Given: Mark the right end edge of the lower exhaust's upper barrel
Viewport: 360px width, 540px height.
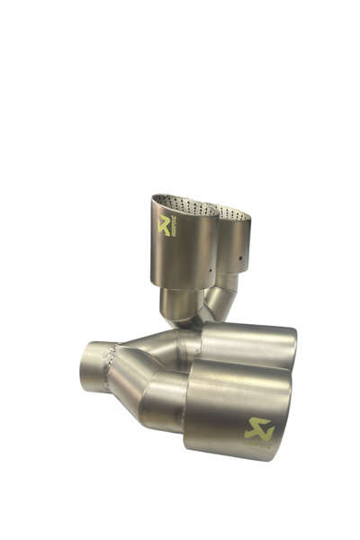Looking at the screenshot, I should (293, 346).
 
